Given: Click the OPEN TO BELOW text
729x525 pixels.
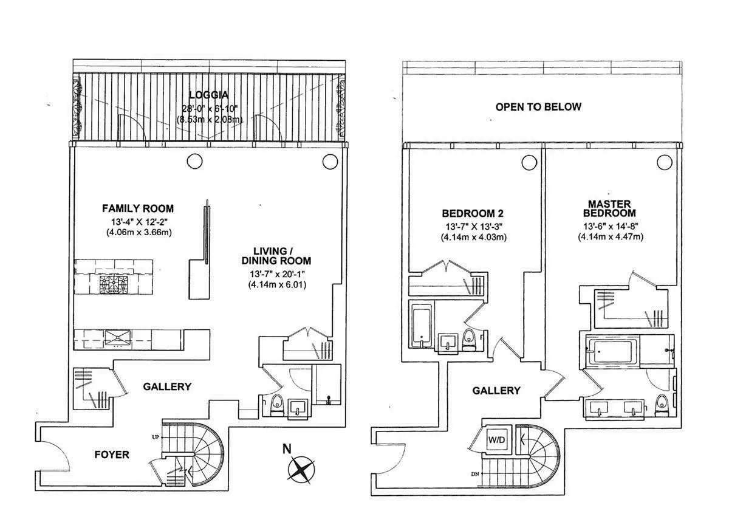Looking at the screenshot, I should tap(538, 107).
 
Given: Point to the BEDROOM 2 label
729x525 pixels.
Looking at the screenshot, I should tap(472, 213).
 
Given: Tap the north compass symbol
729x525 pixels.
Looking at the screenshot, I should tap(301, 468).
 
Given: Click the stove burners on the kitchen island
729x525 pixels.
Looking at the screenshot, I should tap(113, 283).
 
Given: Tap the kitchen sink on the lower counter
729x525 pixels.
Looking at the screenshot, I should tap(115, 338).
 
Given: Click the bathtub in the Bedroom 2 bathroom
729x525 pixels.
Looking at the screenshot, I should tap(420, 329).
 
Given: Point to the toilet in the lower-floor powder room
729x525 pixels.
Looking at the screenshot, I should tap(276, 403).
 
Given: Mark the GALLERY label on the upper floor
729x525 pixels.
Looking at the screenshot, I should tap(496, 391).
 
